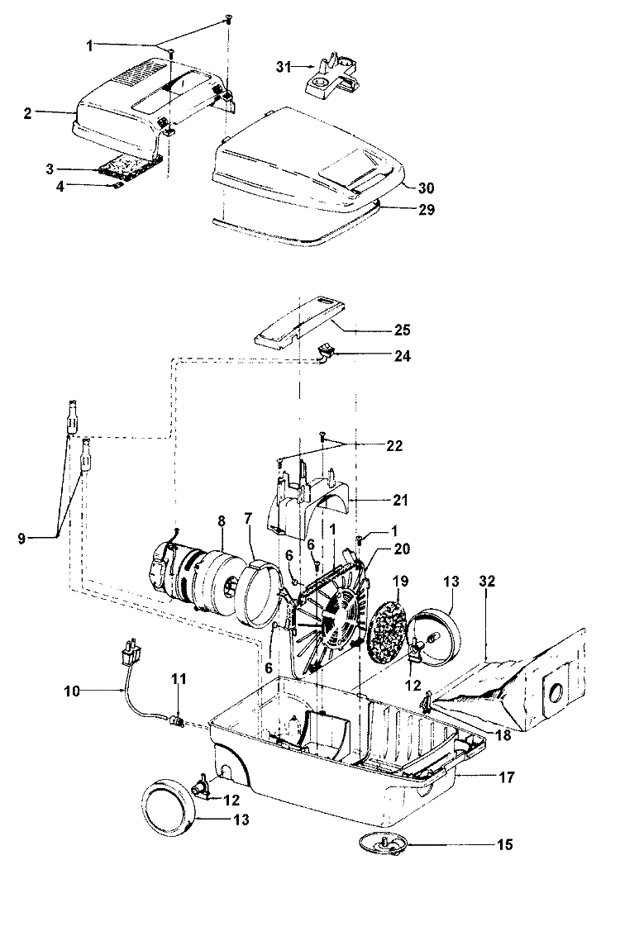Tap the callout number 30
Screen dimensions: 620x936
point(426,188)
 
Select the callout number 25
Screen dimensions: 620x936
point(402,330)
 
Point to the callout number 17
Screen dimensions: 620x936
point(506,777)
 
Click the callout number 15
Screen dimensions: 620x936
point(505,844)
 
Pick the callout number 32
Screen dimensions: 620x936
point(488,581)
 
